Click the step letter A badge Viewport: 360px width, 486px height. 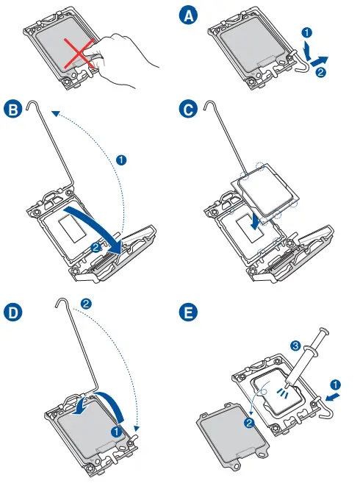point(188,15)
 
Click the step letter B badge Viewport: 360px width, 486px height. point(13,110)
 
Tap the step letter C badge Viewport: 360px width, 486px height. point(188,109)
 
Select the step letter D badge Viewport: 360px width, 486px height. point(13,312)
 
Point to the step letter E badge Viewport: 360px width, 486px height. point(188,312)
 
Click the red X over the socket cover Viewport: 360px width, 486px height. point(79,53)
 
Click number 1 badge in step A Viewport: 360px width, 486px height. point(306,32)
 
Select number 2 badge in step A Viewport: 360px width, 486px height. point(320,72)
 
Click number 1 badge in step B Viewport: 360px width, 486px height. point(121,160)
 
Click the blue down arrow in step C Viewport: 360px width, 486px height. point(255,221)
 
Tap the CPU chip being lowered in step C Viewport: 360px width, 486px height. point(265,189)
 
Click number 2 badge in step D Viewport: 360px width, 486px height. point(86,304)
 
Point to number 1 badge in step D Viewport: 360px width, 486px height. point(117,431)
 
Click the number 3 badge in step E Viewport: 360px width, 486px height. point(296,346)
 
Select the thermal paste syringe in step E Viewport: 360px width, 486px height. point(306,357)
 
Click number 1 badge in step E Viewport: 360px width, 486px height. point(335,385)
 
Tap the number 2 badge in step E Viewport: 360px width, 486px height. point(249,423)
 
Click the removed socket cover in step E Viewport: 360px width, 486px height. point(232,435)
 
